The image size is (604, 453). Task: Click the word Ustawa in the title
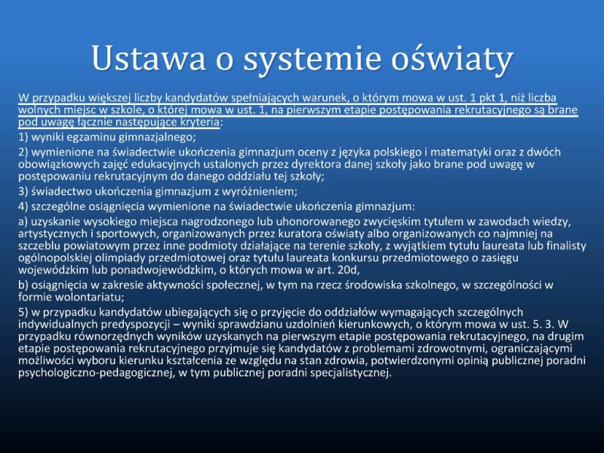point(148,58)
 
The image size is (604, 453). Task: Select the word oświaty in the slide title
point(452,59)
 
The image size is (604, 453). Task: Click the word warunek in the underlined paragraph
point(319,98)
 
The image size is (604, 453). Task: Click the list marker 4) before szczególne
point(23,207)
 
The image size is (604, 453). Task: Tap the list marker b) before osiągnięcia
point(23,285)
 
